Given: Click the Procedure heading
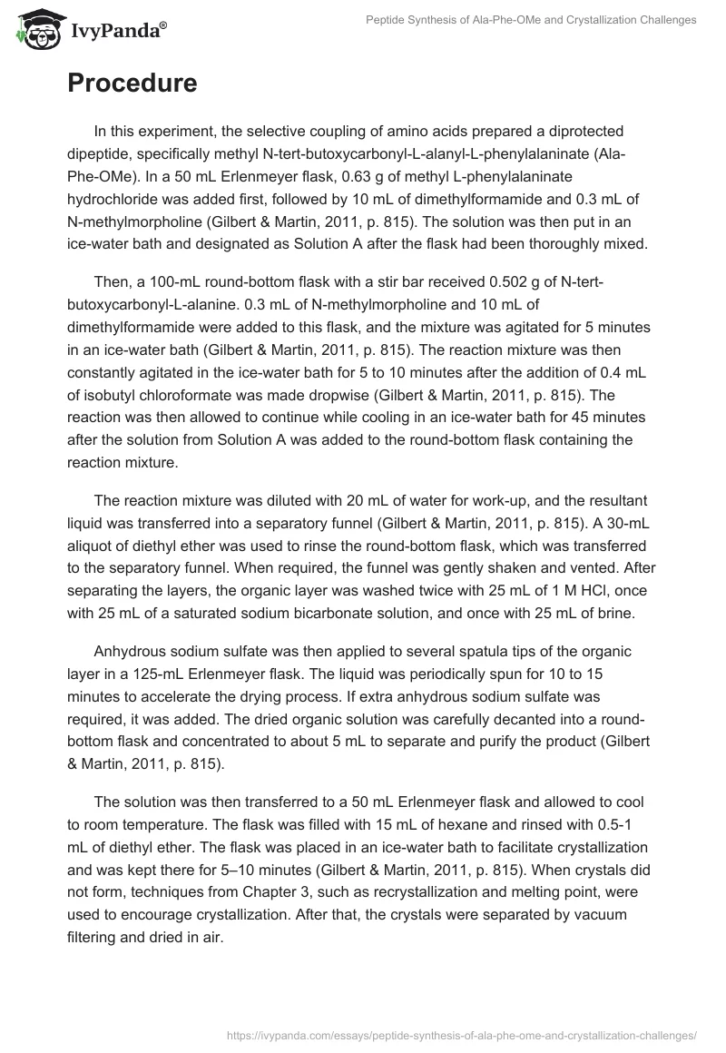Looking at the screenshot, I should (132, 83).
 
